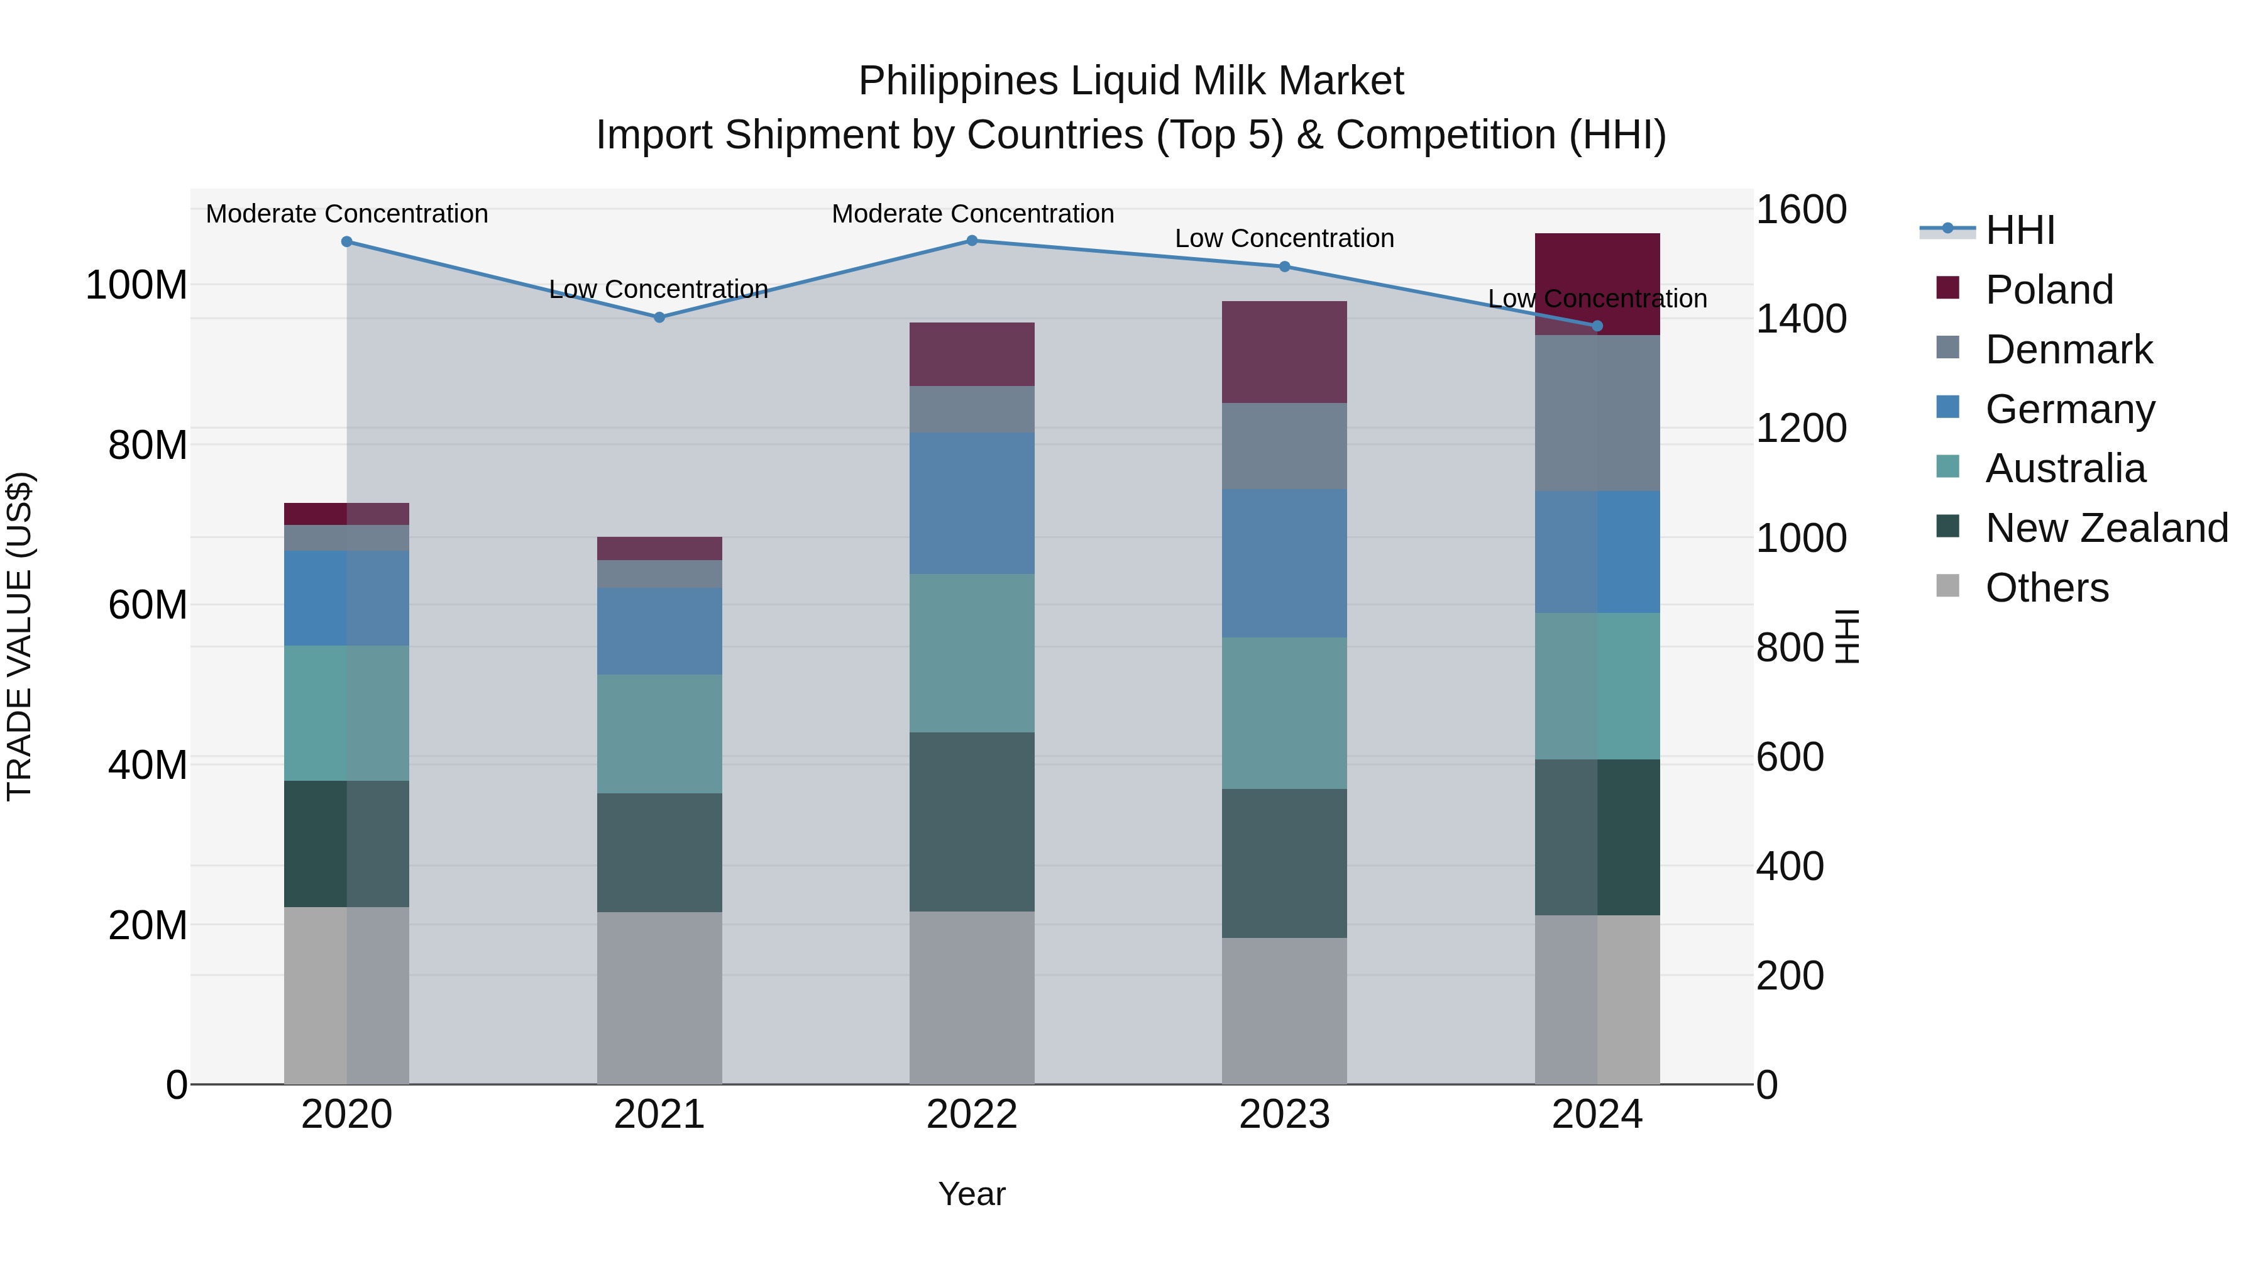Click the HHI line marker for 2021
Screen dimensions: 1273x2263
point(659,317)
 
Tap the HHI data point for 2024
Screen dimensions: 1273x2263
point(1597,326)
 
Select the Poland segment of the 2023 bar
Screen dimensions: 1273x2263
point(1284,352)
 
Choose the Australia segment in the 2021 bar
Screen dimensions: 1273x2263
point(659,734)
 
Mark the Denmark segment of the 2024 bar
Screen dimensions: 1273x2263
point(1597,413)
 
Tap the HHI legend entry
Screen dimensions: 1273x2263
point(2018,230)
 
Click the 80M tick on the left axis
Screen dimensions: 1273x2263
point(148,446)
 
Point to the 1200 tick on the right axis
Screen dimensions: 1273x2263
point(1801,429)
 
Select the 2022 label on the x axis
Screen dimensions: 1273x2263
point(972,1115)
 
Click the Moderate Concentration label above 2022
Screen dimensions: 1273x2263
point(972,214)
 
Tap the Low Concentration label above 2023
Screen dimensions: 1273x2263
point(1284,238)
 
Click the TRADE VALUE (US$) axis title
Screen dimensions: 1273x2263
point(20,636)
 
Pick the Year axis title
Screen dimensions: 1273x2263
point(972,1194)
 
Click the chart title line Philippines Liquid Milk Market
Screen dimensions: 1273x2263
point(1131,81)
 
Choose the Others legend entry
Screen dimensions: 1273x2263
point(2046,588)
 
